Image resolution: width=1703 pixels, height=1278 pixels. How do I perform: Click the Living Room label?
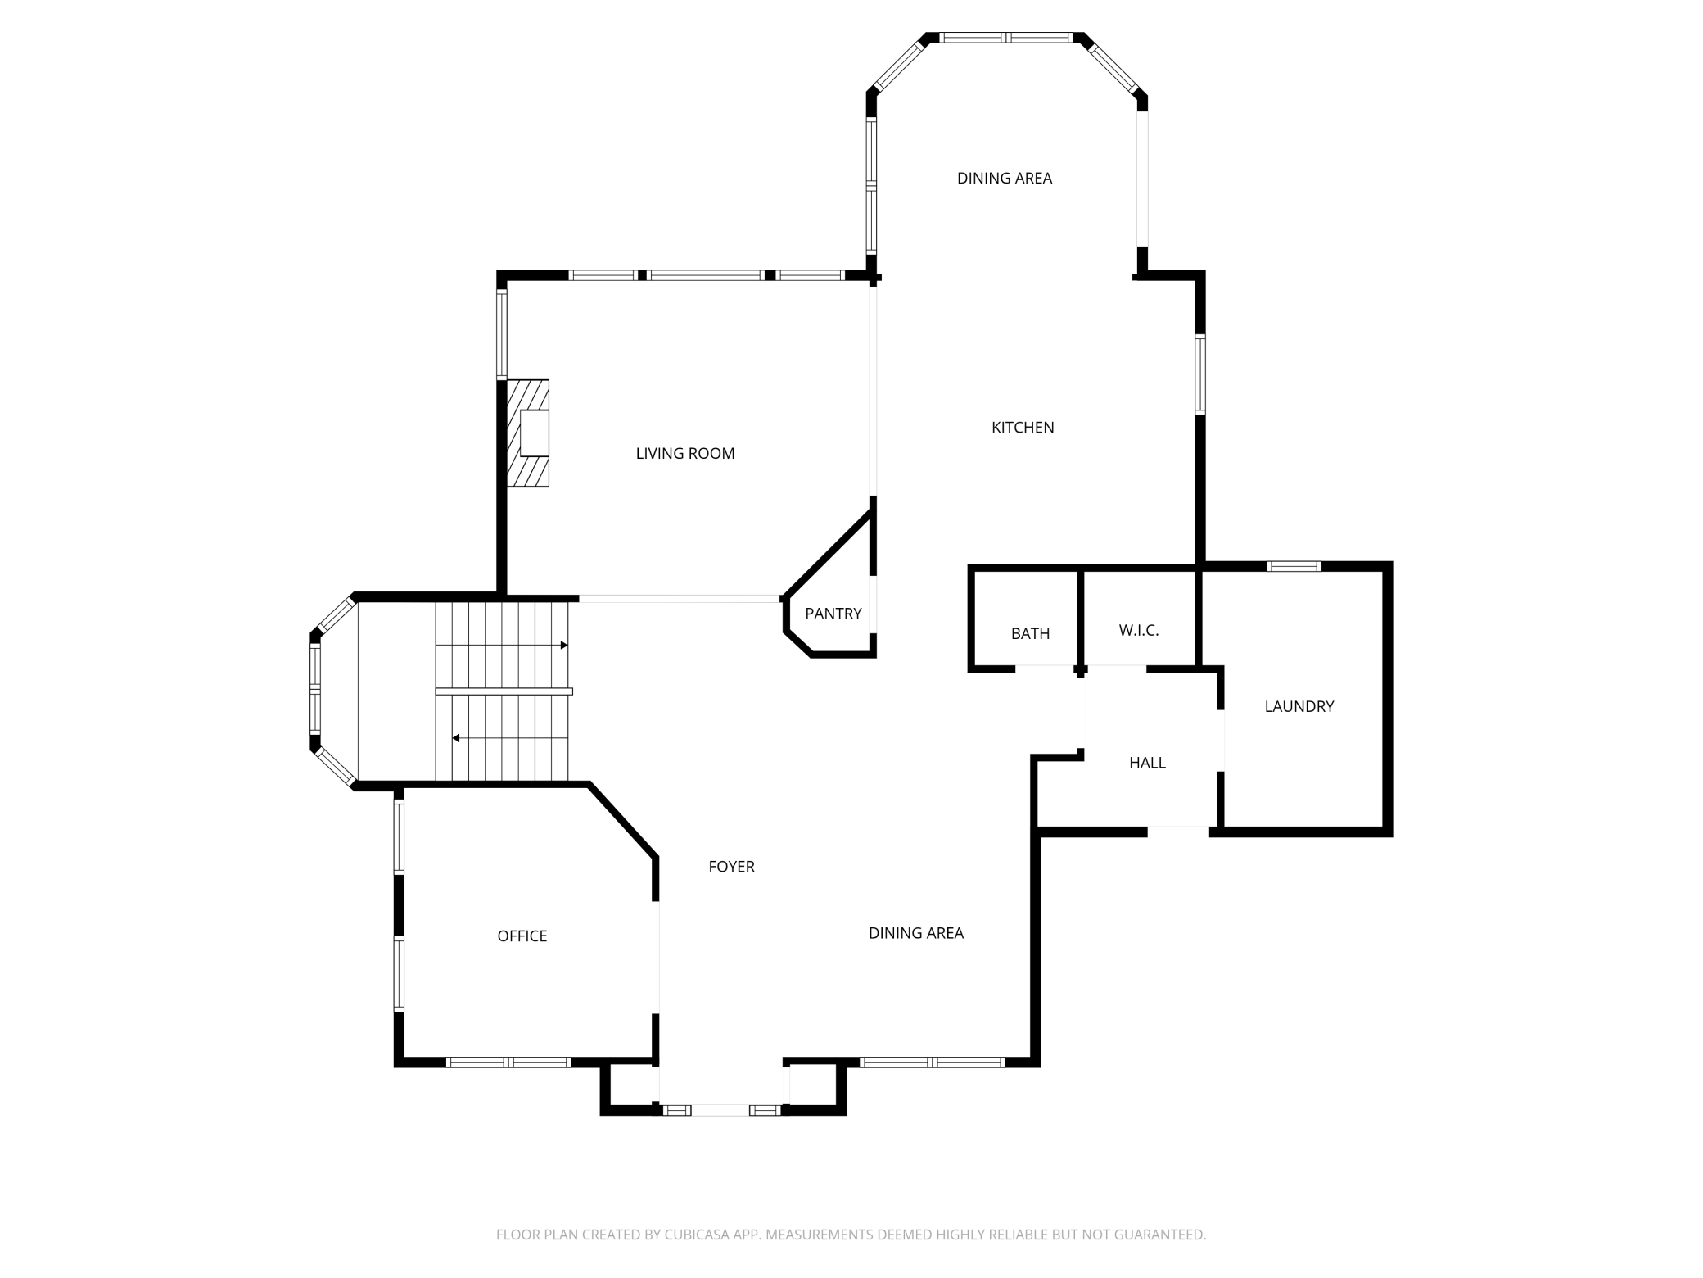(x=685, y=453)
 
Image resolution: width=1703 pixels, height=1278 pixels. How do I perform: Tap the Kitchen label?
(x=1023, y=427)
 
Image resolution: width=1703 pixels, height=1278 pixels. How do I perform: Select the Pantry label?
(x=833, y=614)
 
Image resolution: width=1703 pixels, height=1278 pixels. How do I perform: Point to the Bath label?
(x=1030, y=633)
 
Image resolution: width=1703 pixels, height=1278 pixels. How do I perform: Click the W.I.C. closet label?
(x=1139, y=630)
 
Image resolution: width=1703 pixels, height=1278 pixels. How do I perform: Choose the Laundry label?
(x=1299, y=706)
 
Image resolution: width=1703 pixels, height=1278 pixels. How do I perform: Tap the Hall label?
(x=1147, y=763)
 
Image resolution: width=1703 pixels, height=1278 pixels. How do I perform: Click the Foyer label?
(x=731, y=866)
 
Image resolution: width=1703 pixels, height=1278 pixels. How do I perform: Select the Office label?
(x=522, y=936)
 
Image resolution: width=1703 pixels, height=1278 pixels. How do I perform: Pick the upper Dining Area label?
(x=1005, y=178)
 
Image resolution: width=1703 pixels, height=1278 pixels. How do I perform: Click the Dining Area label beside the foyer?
(x=916, y=932)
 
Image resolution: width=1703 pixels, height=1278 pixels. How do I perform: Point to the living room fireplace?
(x=528, y=433)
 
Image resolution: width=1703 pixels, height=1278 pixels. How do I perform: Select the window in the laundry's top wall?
(x=1294, y=566)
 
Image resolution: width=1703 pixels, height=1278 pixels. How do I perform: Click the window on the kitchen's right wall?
(x=1200, y=374)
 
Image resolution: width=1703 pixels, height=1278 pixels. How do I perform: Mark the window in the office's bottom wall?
(x=508, y=1063)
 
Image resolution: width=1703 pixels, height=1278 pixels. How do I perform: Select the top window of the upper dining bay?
(x=1005, y=38)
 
